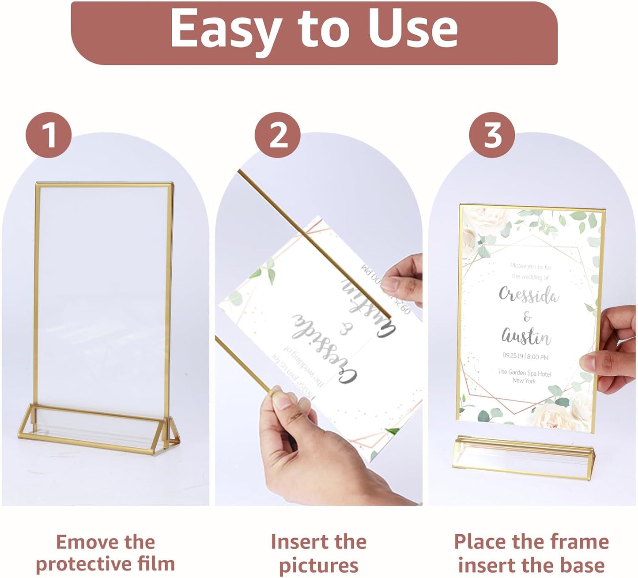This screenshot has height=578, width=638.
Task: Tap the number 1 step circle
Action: point(49,135)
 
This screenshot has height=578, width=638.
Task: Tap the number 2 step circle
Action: point(278,135)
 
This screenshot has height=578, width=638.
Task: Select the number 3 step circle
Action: point(492,135)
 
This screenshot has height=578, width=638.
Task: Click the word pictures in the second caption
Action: point(318,565)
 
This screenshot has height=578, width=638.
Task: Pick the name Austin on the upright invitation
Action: point(526,337)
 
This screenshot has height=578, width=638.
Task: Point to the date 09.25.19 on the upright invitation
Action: point(511,356)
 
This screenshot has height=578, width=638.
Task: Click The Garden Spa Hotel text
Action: point(524,373)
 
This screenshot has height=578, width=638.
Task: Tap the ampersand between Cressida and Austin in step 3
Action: point(527,317)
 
